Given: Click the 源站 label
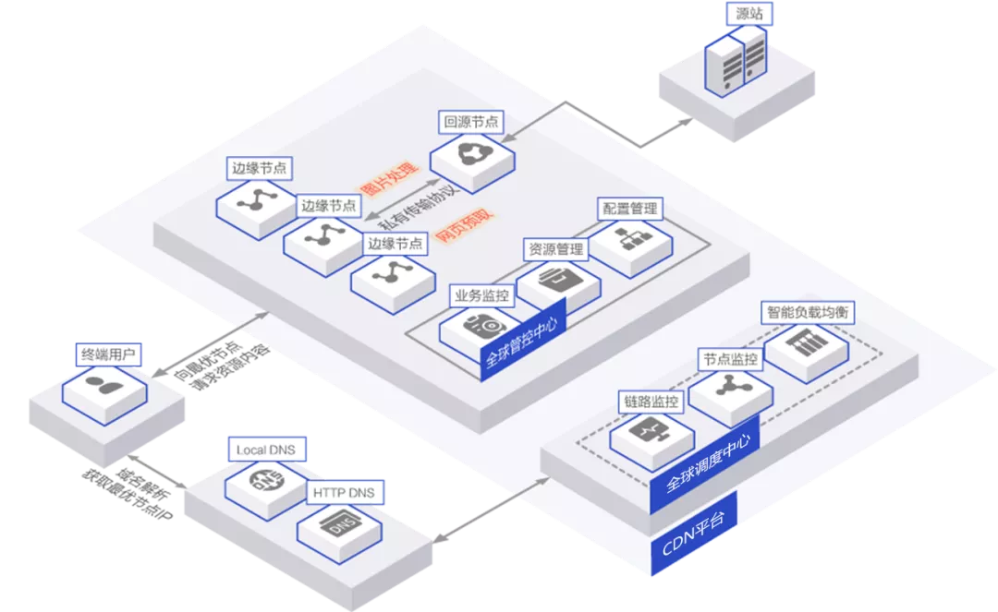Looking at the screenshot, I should [x=749, y=14].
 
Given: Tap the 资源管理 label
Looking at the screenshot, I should [x=555, y=249].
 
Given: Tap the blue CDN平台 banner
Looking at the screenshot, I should [x=693, y=535].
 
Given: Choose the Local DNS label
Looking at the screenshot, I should [x=264, y=450].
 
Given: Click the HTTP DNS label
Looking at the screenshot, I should [x=344, y=493].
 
